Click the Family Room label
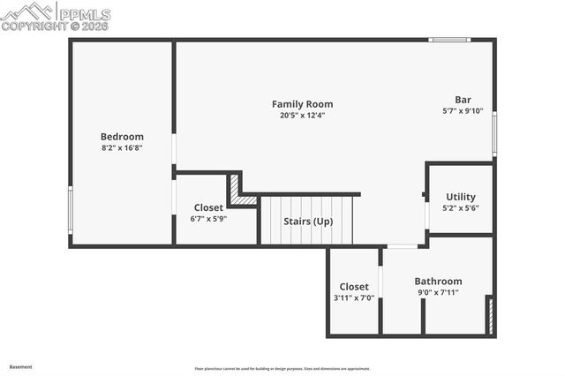(302, 104)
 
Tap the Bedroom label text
(122, 137)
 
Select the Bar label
(463, 100)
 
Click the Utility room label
(461, 197)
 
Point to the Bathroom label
(438, 282)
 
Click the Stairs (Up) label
(307, 222)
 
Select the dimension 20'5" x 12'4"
(302, 116)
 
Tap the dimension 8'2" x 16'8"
(122, 148)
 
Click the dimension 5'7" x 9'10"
(463, 111)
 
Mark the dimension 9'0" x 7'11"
(438, 293)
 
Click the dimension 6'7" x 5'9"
(208, 219)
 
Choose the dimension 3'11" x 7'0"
(354, 298)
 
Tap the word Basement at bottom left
(20, 366)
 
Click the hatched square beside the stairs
(236, 190)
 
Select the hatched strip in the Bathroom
(490, 315)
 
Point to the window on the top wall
(449, 40)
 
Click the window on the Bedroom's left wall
(71, 209)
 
